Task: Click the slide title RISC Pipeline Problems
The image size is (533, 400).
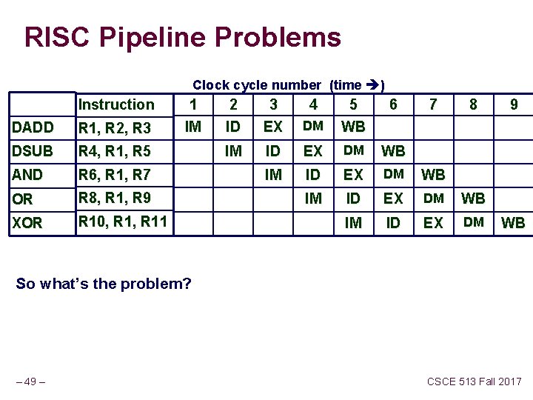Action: pyautogui.click(x=183, y=37)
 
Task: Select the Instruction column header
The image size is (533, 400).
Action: pyautogui.click(x=116, y=104)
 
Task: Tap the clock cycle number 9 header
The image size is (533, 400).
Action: pyautogui.click(x=513, y=104)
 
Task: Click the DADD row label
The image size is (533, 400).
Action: pyautogui.click(x=33, y=127)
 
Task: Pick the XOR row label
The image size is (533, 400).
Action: pyautogui.click(x=27, y=222)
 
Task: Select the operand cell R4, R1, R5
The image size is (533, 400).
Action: pyautogui.click(x=115, y=151)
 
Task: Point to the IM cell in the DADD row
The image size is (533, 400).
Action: pyautogui.click(x=192, y=127)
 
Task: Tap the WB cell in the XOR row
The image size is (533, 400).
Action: pyautogui.click(x=513, y=222)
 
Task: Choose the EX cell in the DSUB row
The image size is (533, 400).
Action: pyautogui.click(x=313, y=151)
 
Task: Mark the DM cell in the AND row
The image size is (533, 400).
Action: pyautogui.click(x=393, y=174)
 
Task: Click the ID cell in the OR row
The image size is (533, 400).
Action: pyautogui.click(x=353, y=199)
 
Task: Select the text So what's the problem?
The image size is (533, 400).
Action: pyautogui.click(x=103, y=284)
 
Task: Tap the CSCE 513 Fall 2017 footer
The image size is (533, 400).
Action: pyautogui.click(x=474, y=382)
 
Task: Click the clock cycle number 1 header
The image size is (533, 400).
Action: pyautogui.click(x=192, y=104)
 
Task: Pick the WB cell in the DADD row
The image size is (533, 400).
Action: pyautogui.click(x=353, y=127)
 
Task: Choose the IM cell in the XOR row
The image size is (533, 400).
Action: pyautogui.click(x=353, y=222)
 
